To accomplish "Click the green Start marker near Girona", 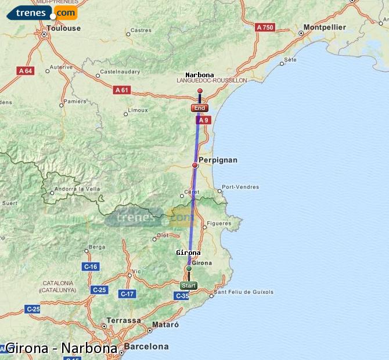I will click(188, 285).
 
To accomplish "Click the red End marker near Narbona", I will click(199, 108).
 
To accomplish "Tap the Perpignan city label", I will click(218, 160).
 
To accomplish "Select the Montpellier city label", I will click(325, 27).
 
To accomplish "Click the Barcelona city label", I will click(146, 347).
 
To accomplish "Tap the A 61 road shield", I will click(121, 90).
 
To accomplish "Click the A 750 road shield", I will click(265, 27).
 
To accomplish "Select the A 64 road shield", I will click(26, 71).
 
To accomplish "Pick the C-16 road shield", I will click(91, 267).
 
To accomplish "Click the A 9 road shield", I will click(203, 120).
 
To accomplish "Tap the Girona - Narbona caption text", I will click(61, 348).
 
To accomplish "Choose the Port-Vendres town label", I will click(240, 187).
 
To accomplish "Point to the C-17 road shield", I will click(127, 294).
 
